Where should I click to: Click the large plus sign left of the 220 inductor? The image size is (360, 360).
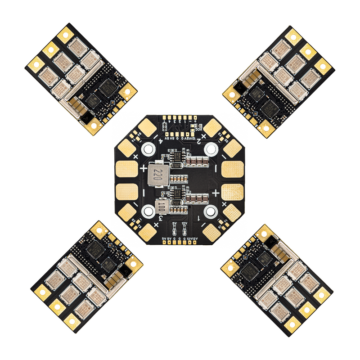point(144,168)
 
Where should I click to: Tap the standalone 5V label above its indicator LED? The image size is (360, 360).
point(175,223)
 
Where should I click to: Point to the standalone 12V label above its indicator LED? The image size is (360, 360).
point(184,223)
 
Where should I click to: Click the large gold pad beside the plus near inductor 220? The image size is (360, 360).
point(127,169)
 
